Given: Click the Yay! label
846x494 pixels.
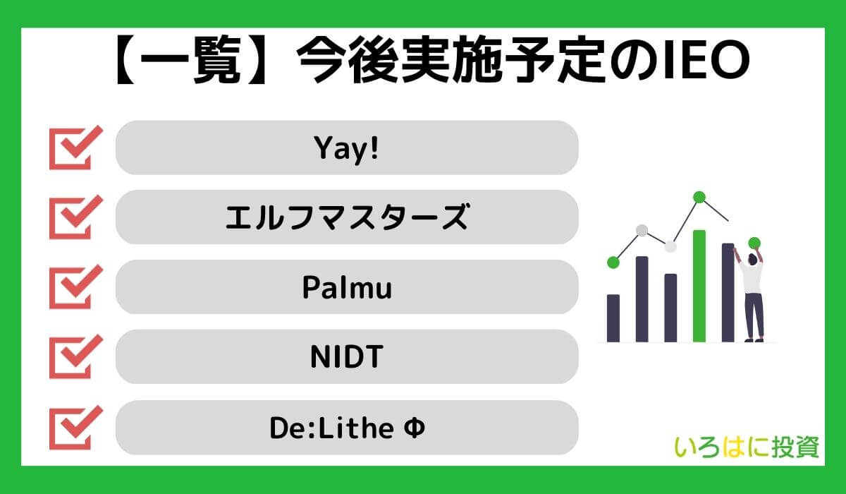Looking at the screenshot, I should click(x=345, y=148).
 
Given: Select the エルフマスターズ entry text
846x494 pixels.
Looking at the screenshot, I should click(x=345, y=218).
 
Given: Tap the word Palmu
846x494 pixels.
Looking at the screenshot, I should click(x=346, y=288).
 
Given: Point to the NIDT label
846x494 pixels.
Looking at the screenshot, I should click(x=346, y=358).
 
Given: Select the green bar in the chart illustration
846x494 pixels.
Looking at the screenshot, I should click(x=699, y=285).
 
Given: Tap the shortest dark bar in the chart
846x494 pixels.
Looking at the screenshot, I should click(x=613, y=318).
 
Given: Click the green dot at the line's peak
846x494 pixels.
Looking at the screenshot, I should click(x=699, y=198).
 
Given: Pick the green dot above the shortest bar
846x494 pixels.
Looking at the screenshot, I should click(x=613, y=263).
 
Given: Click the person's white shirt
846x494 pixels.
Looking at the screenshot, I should click(x=751, y=279).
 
